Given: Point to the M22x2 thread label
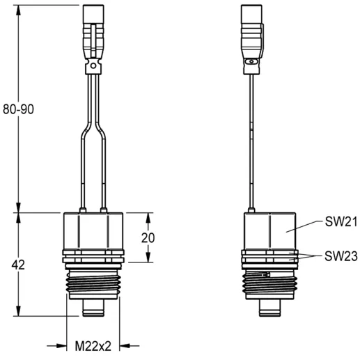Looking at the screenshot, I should point(93,345).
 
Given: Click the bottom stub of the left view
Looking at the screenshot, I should point(93,308).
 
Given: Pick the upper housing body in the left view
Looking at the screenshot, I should point(93,230).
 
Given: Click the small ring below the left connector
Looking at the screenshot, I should point(93,67).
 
